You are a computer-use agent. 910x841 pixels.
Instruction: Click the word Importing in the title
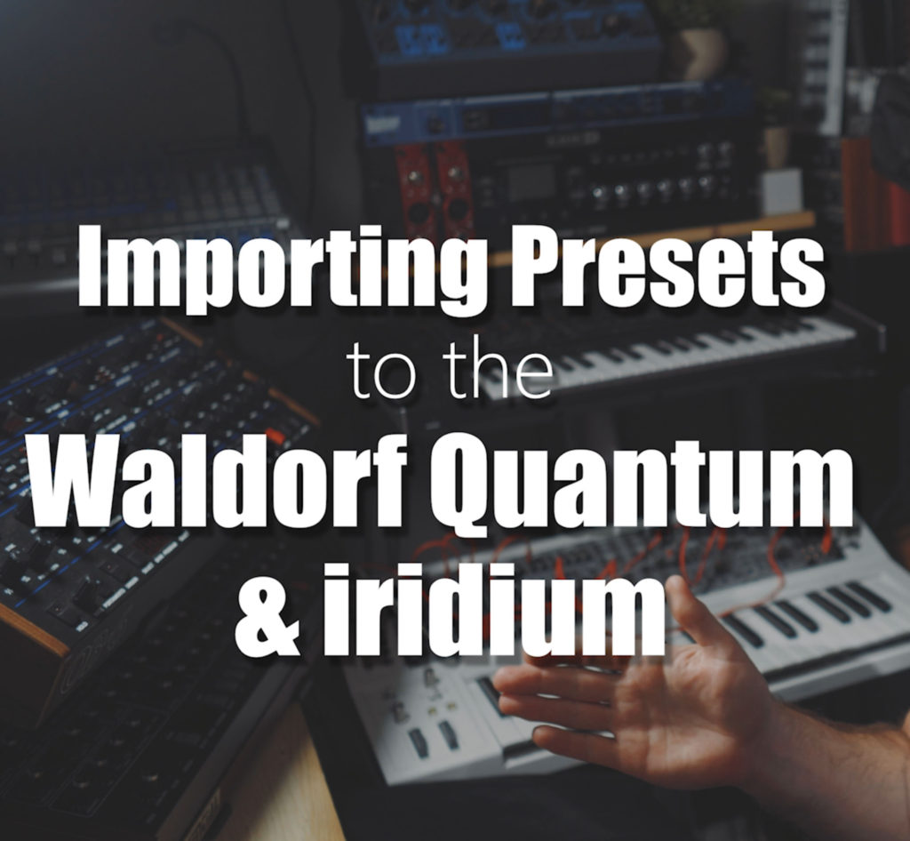[x=282, y=268]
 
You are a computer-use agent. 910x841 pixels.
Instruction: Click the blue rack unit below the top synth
[x=557, y=114]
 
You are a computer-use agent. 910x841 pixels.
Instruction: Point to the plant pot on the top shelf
[x=704, y=53]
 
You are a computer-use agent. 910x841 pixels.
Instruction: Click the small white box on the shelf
[x=780, y=192]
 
